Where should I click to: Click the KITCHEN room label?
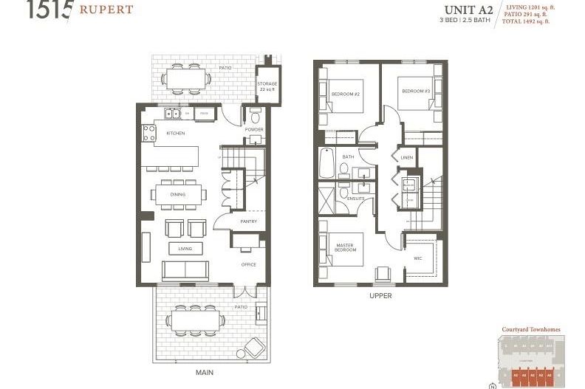point(175,133)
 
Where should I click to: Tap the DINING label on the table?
point(177,195)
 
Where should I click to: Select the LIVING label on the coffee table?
point(185,249)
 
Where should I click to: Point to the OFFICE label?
point(248,264)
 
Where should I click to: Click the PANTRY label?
point(248,221)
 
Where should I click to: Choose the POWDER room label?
point(254,129)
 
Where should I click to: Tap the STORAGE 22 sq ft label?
point(267,86)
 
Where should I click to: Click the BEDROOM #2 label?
point(345,94)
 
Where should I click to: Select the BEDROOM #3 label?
point(415,91)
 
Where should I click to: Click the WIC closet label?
point(417,258)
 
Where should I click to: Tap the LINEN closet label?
point(407,158)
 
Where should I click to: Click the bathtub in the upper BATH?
point(326,162)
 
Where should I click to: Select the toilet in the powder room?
point(255,117)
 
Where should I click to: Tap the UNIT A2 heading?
point(468,10)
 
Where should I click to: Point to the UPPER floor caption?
point(380,295)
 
